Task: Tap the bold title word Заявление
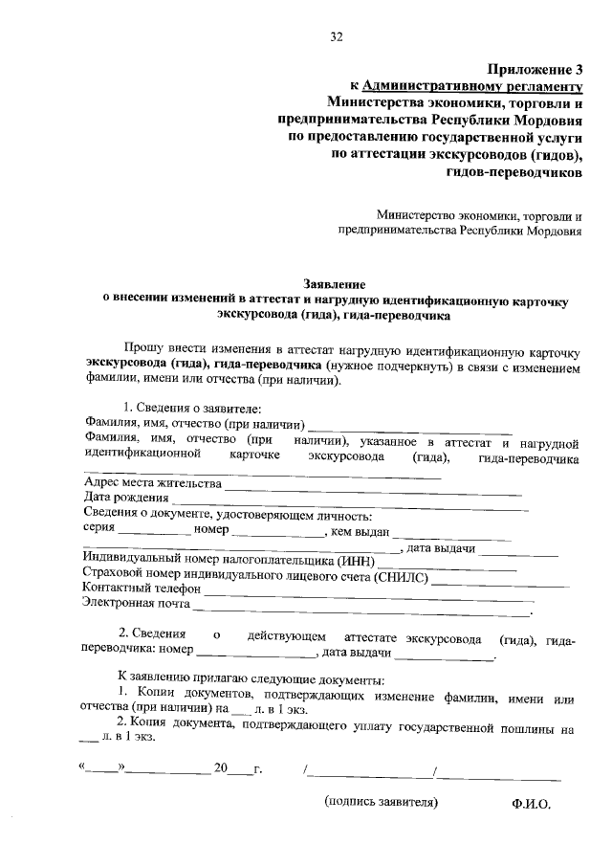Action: pos(334,284)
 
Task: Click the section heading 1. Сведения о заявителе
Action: pos(186,409)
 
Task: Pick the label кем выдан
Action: pos(360,529)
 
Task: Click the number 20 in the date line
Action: pos(222,767)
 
